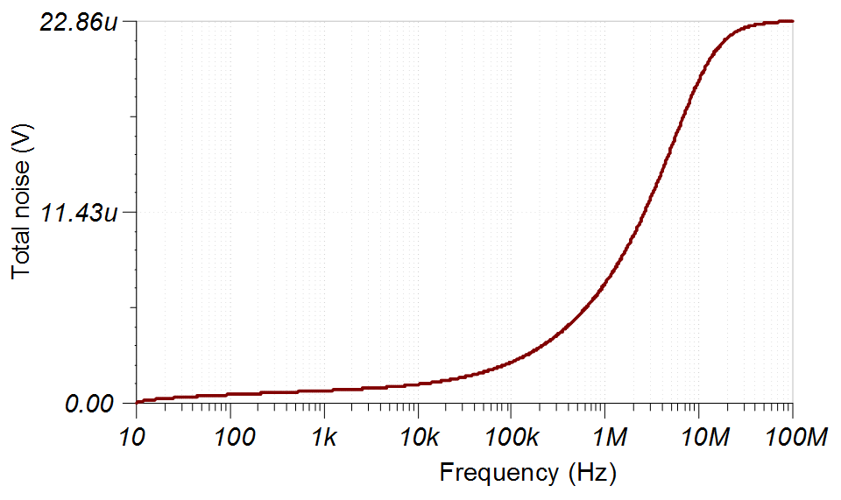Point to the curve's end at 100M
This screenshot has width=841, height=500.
792,21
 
